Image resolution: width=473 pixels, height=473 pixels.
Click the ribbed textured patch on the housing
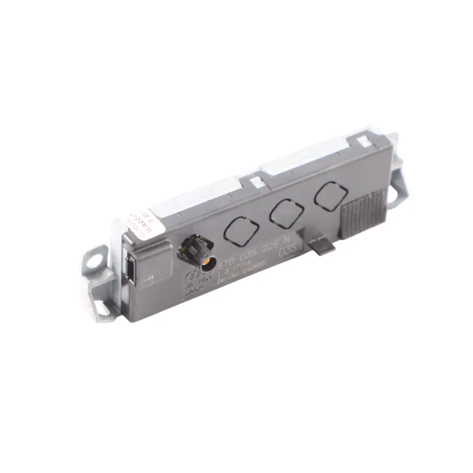(364, 214)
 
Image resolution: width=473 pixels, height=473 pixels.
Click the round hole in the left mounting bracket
(93, 262)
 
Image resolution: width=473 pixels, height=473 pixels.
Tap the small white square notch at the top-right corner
(362, 141)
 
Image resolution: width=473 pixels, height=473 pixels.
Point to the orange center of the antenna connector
(205, 263)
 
